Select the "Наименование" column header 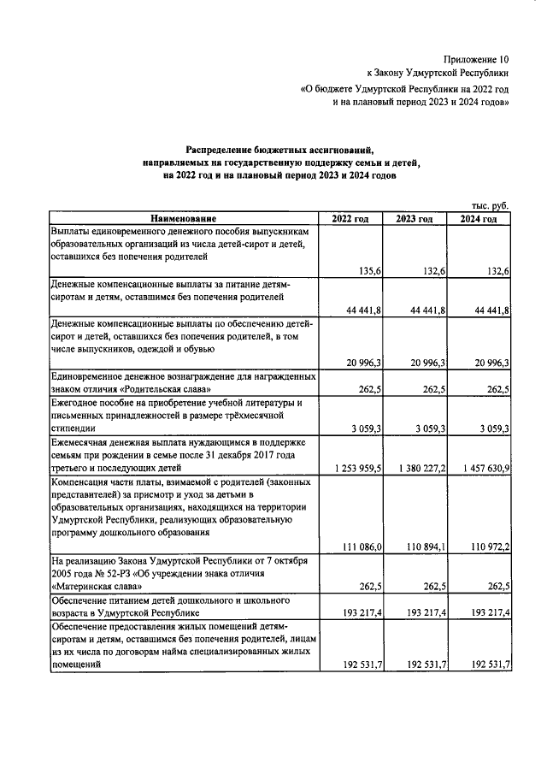[x=184, y=219]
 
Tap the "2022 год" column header [x=350, y=219]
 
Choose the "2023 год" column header [x=415, y=219]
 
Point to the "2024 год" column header [x=479, y=219]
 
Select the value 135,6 [x=367, y=271]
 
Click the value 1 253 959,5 [x=352, y=469]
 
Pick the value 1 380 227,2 [x=416, y=469]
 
